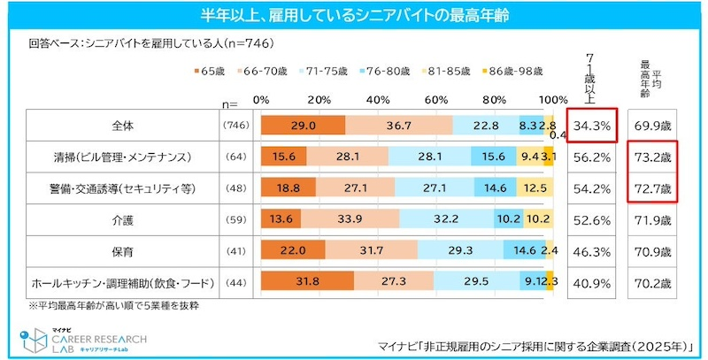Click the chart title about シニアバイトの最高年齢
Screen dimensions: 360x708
(x=354, y=15)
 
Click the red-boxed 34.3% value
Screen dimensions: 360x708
(x=591, y=126)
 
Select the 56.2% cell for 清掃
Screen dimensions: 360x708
(x=591, y=157)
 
